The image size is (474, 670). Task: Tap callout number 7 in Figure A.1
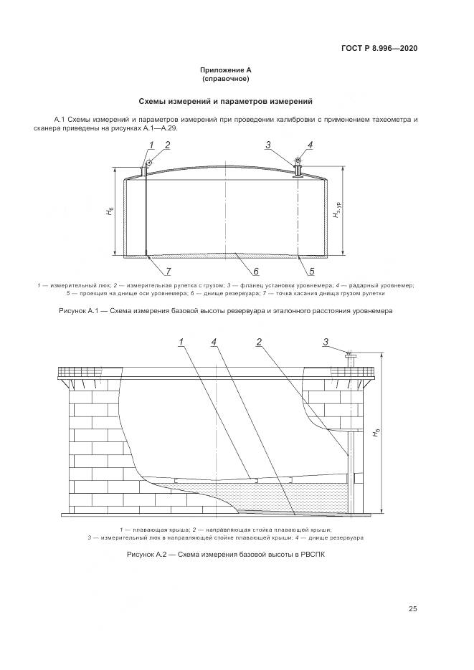pyautogui.click(x=169, y=272)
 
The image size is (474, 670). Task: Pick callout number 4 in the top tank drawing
pyautogui.click(x=311, y=145)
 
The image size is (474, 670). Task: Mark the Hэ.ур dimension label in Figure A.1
pyautogui.click(x=336, y=212)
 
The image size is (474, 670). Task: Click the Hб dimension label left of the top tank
pyautogui.click(x=109, y=213)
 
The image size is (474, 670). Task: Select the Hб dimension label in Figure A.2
pyautogui.click(x=377, y=434)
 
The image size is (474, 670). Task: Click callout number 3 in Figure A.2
pyautogui.click(x=326, y=342)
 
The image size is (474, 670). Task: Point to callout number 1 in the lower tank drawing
pyautogui.click(x=181, y=342)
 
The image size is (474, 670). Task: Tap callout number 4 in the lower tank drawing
pyautogui.click(x=214, y=342)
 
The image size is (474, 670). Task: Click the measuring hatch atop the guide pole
pyautogui.click(x=349, y=355)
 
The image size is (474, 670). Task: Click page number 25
pyautogui.click(x=412, y=609)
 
